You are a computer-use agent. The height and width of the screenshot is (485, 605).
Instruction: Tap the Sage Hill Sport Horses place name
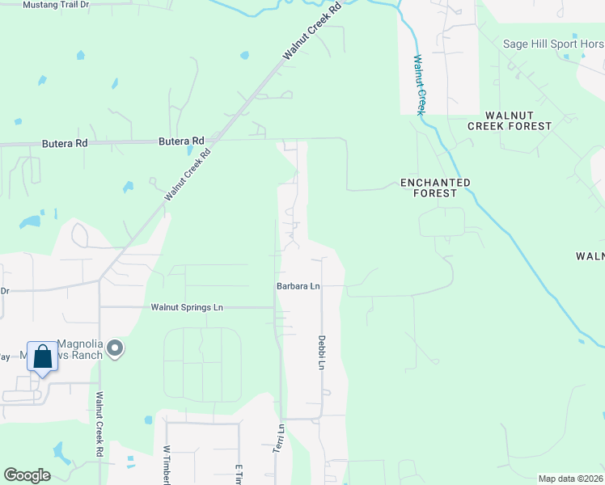[553, 44]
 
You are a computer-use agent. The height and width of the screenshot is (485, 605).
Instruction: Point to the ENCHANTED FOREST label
[435, 188]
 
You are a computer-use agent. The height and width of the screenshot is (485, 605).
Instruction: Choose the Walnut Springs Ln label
[187, 308]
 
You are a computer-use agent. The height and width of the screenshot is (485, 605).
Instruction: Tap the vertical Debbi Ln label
[321, 353]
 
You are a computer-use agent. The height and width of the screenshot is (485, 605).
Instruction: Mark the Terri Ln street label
[281, 439]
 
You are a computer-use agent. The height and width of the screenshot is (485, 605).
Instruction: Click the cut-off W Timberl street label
[167, 466]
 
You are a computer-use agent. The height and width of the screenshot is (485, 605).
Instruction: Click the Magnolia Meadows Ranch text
[79, 350]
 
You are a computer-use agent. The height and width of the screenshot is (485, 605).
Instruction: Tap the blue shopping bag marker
[42, 357]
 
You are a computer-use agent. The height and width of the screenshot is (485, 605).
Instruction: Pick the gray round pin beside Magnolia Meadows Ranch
[116, 349]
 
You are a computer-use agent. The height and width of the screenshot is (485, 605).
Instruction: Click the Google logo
[27, 475]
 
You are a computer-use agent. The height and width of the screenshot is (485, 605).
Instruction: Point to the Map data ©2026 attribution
[570, 479]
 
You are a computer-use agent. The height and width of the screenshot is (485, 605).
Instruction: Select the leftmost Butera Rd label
[64, 144]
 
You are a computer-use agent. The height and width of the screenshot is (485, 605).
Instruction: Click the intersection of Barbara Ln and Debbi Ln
[322, 286]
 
